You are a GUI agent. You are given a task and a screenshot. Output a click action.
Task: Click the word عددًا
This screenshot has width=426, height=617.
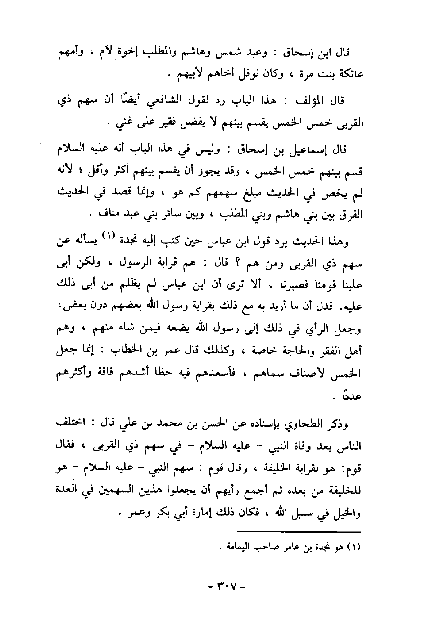353,398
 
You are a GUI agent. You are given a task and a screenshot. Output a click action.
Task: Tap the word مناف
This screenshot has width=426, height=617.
100,214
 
